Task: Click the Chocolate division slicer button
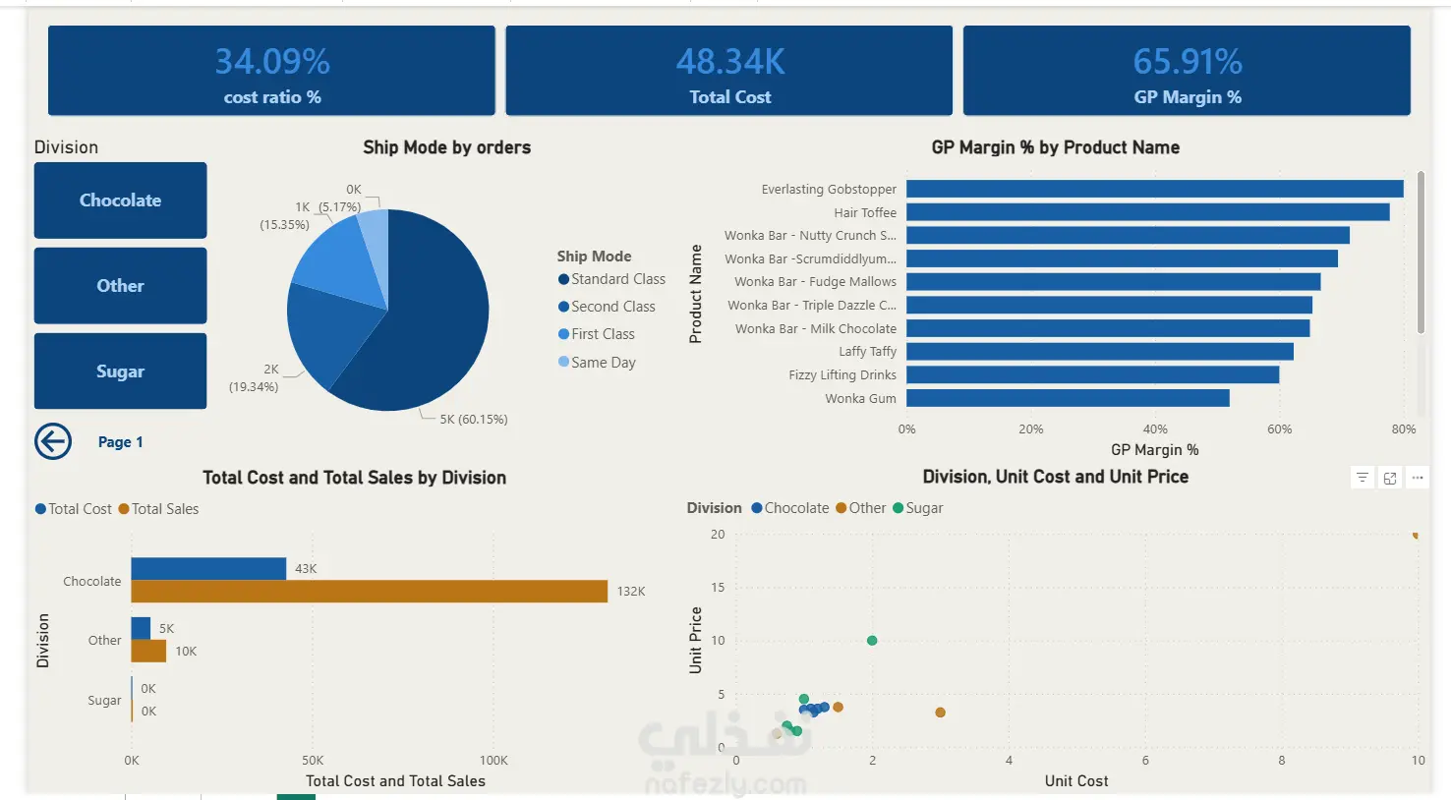(x=120, y=200)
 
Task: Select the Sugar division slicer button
(x=120, y=371)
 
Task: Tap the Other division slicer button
(x=120, y=286)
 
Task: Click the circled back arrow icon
(x=53, y=442)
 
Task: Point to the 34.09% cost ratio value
(x=272, y=62)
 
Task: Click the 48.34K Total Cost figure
(x=730, y=62)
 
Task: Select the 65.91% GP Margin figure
(x=1188, y=62)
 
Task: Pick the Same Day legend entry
(x=603, y=363)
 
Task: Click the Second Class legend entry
(x=612, y=307)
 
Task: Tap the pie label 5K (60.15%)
(x=474, y=420)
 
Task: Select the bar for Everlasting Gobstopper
(x=1154, y=189)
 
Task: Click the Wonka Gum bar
(x=1068, y=398)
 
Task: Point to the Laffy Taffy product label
(x=867, y=352)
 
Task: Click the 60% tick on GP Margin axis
(x=1279, y=429)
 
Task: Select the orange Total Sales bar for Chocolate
(x=369, y=592)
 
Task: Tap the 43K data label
(x=306, y=569)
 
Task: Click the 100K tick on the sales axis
(x=493, y=761)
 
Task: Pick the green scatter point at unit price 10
(x=872, y=641)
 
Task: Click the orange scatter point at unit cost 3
(x=940, y=713)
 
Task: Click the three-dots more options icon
(x=1418, y=478)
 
